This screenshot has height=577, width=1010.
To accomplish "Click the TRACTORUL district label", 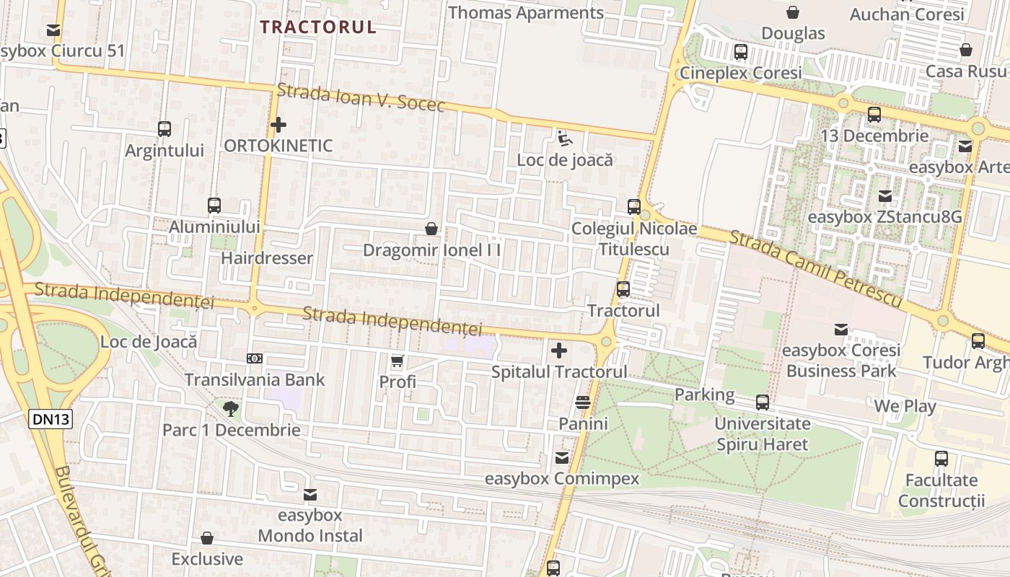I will pyautogui.click(x=318, y=27).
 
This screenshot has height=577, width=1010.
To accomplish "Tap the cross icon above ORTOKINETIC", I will pyautogui.click(x=278, y=125).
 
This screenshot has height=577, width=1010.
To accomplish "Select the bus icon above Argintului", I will pyautogui.click(x=164, y=129).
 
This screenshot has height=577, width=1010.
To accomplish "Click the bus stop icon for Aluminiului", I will pyautogui.click(x=214, y=205).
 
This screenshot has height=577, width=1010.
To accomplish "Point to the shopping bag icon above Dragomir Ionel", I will pyautogui.click(x=431, y=229).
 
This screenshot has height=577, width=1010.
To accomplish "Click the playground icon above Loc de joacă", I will pyautogui.click(x=565, y=138).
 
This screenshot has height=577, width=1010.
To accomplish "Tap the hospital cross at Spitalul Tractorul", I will pyautogui.click(x=558, y=351).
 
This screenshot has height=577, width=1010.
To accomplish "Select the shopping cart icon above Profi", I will pyautogui.click(x=398, y=361).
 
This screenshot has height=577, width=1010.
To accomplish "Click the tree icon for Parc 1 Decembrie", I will pyautogui.click(x=231, y=409).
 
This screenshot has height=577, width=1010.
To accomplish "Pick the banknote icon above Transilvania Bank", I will pyautogui.click(x=254, y=358).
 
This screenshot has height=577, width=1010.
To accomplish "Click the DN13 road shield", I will pyautogui.click(x=51, y=419).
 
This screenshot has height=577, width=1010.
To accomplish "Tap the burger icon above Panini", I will pyautogui.click(x=583, y=402).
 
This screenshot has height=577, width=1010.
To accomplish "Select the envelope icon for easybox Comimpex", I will pyautogui.click(x=562, y=457).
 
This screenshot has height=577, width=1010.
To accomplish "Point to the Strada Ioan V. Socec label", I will pyautogui.click(x=361, y=97).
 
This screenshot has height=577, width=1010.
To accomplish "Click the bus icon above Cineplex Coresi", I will pyautogui.click(x=741, y=52).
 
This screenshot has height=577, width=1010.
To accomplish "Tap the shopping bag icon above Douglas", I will pyautogui.click(x=793, y=12).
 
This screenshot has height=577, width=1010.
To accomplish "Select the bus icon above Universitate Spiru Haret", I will pyautogui.click(x=763, y=402).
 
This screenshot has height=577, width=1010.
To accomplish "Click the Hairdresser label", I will pyautogui.click(x=267, y=258).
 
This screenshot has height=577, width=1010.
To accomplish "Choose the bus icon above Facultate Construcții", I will pyautogui.click(x=941, y=459).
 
